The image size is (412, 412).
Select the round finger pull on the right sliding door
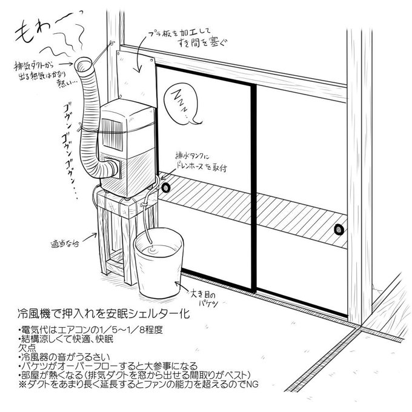pos(337,229)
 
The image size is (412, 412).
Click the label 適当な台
pos(65,244)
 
